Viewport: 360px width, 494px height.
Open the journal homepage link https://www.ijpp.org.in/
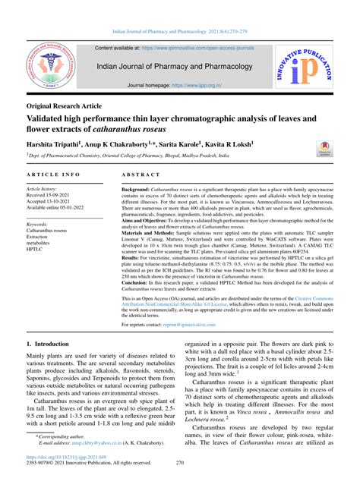tap(204, 87)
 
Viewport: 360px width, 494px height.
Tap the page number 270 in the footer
tap(180, 483)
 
